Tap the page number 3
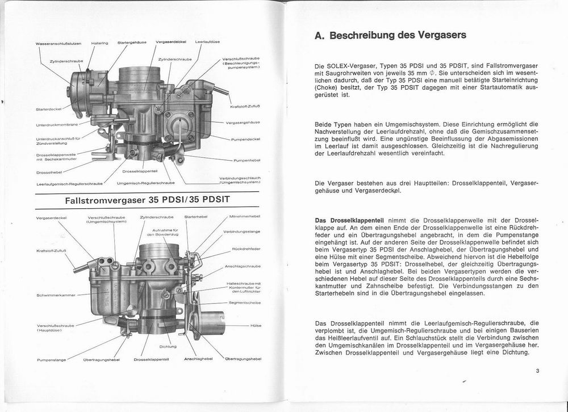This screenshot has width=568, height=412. (x=537, y=372)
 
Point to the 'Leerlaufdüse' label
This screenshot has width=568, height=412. (x=207, y=42)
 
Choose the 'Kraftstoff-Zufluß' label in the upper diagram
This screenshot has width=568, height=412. (x=245, y=106)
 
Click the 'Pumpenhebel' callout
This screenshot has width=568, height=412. (x=247, y=161)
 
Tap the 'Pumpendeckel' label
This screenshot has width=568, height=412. (x=245, y=139)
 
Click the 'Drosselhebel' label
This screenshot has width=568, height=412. (x=48, y=172)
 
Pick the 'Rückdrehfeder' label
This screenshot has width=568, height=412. (x=246, y=249)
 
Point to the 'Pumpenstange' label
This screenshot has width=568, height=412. (x=51, y=360)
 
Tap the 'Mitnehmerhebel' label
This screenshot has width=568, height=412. (x=244, y=216)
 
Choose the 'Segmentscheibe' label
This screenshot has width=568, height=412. (x=244, y=303)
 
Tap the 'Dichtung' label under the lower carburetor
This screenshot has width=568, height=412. (x=168, y=346)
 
